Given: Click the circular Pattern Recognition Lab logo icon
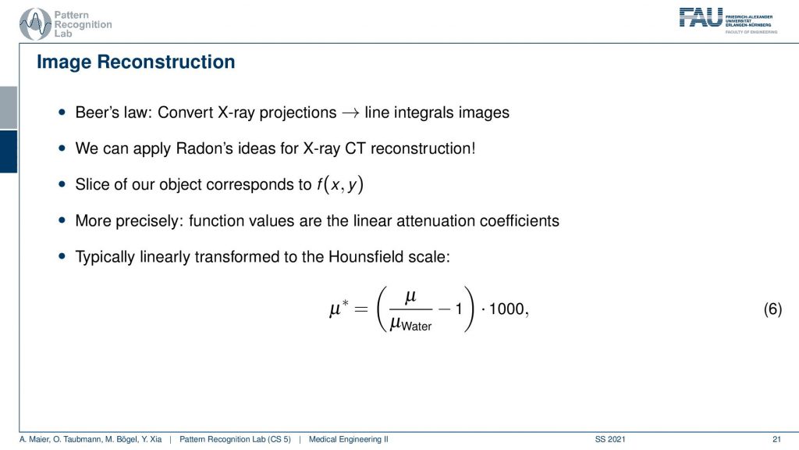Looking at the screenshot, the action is click(35, 24).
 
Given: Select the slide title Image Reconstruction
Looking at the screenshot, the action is click(136, 62).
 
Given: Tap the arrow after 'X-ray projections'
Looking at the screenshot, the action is click(350, 112).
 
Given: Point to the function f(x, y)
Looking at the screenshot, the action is click(340, 184).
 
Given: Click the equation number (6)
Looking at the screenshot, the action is click(772, 309).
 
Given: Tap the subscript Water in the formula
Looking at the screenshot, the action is click(417, 327).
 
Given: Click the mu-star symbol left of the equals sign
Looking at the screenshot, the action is click(339, 308).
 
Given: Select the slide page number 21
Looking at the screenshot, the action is click(776, 439).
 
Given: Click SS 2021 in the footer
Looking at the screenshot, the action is click(610, 439).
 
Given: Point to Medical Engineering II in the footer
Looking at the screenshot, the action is click(349, 439).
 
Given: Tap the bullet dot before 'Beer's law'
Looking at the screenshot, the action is click(62, 112).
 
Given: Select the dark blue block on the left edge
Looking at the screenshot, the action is click(9, 152).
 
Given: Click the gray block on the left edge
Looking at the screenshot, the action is click(9, 108).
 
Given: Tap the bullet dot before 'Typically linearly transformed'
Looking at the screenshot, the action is click(62, 256).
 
